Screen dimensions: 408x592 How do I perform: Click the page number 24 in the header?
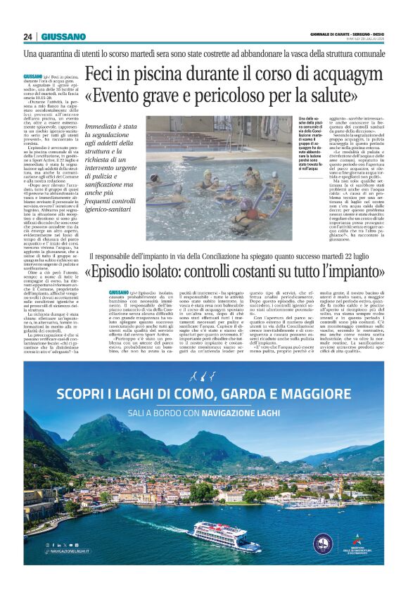(28, 37)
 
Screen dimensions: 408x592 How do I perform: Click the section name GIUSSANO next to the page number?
(63, 37)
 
